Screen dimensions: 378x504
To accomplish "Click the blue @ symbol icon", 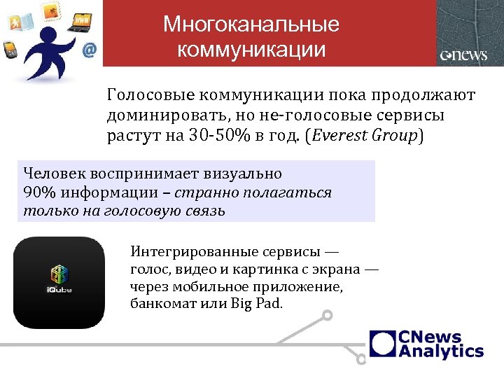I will (x=89, y=50).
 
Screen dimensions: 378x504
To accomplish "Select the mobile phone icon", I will (x=10, y=51).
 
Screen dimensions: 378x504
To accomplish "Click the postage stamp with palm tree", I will (x=50, y=10).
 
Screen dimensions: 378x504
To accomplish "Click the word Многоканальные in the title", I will (x=251, y=25).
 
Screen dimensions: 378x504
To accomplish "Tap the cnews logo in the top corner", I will (x=463, y=55).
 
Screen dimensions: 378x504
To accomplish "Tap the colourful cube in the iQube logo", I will (x=59, y=274).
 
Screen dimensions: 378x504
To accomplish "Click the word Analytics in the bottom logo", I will (x=440, y=351).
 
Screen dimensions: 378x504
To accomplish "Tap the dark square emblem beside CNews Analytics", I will (x=383, y=344).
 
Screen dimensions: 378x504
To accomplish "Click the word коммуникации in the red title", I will (x=251, y=50).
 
